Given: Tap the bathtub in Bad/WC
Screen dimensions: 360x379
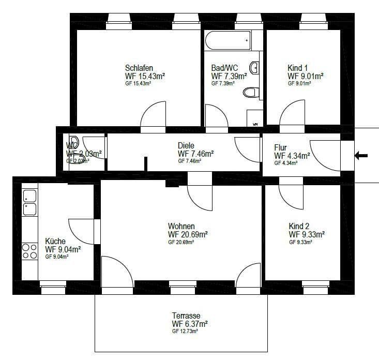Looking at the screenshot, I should pos(227,39).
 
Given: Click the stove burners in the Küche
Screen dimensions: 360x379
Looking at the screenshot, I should pos(29,251).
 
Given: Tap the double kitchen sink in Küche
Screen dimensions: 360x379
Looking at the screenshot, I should pos(29,203).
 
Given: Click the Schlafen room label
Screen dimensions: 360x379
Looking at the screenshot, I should pos(139,68).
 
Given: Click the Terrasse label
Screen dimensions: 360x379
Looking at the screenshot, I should pos(186,316).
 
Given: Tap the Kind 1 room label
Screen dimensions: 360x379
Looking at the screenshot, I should pos(298,68).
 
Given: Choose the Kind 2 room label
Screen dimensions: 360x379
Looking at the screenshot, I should pos(299,226).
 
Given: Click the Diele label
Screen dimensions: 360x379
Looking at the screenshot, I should pos(186,145).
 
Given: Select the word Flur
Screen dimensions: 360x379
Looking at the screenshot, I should pos(280,147).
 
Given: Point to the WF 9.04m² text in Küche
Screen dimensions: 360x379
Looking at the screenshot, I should pos(63,249).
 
